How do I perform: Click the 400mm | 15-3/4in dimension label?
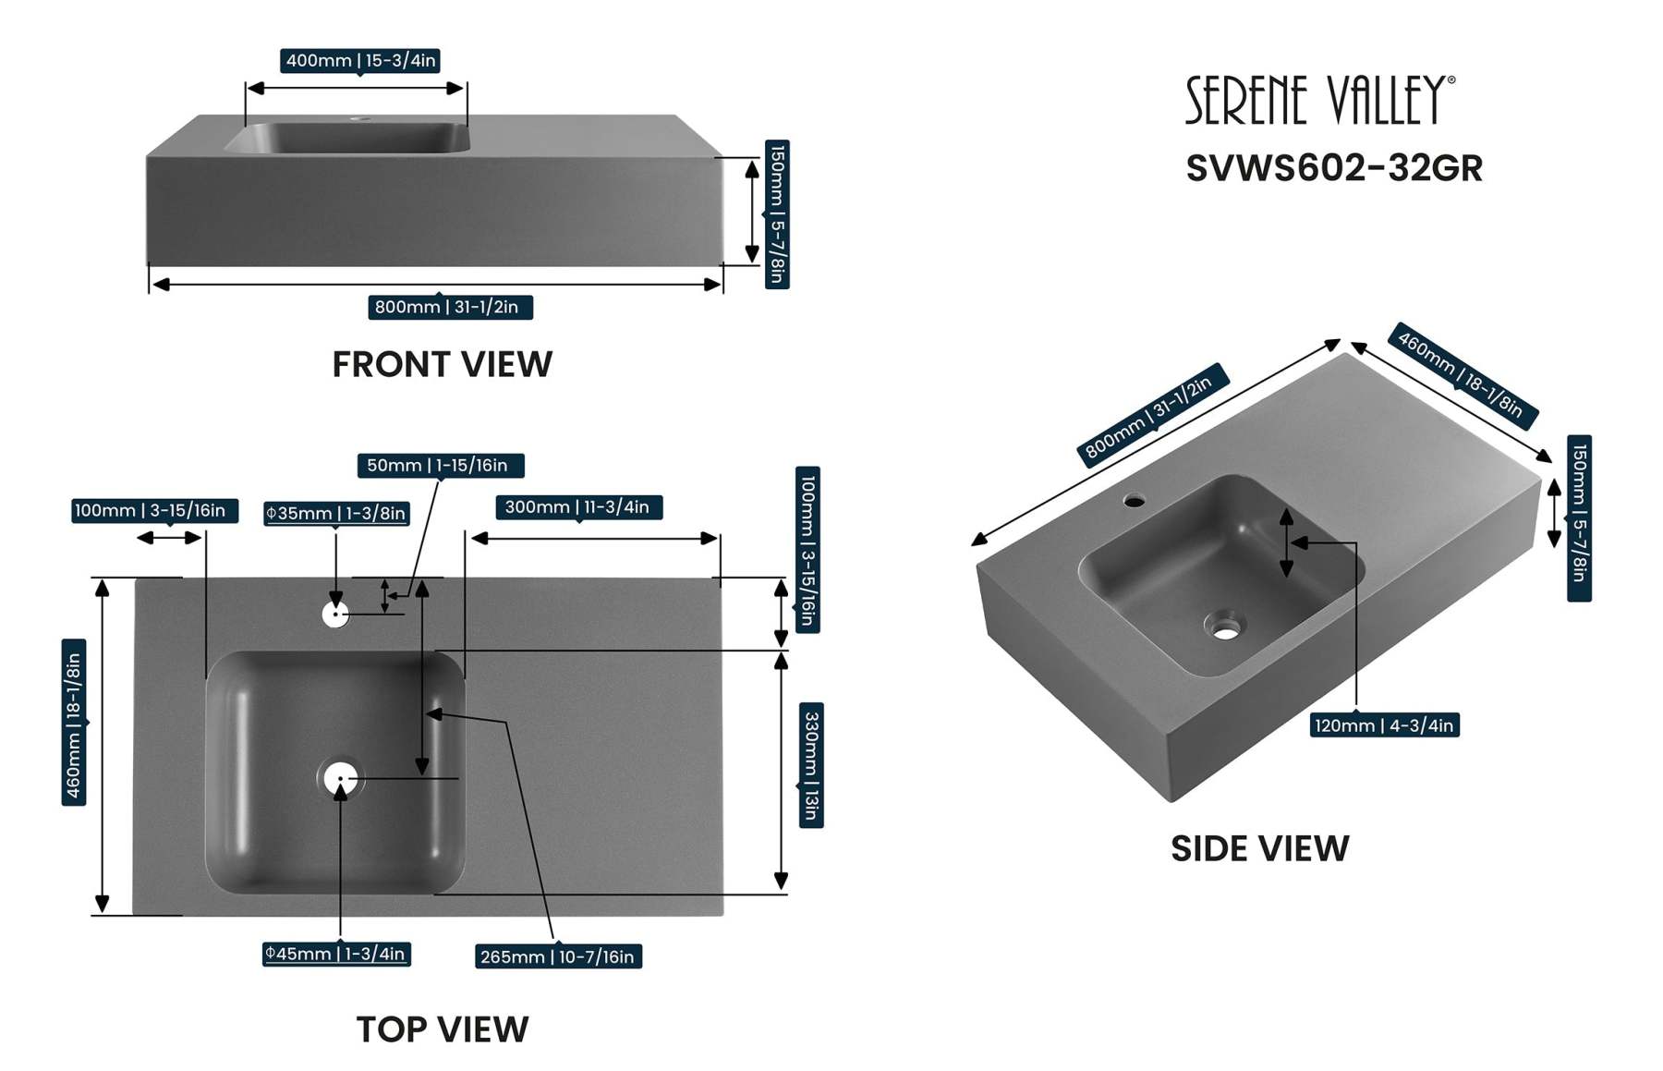tap(360, 61)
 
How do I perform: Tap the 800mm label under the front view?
tap(450, 307)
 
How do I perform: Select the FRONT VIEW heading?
tap(442, 364)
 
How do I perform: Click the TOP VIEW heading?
tap(442, 1029)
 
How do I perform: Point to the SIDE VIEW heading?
tap(1259, 848)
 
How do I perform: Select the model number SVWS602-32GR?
tap(1333, 168)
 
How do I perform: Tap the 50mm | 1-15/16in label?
tap(440, 466)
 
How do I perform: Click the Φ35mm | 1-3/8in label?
tap(336, 514)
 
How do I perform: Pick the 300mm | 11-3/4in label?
tap(578, 507)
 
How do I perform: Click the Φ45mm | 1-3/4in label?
tap(336, 954)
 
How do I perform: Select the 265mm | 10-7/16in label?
tap(557, 956)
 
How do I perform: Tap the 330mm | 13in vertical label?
tap(810, 765)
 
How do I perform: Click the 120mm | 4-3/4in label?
tap(1384, 725)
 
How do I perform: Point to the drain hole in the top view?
tap(340, 779)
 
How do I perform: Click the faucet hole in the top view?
tap(335, 614)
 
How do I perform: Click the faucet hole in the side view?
tap(1135, 502)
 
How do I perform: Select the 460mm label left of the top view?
tap(74, 723)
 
